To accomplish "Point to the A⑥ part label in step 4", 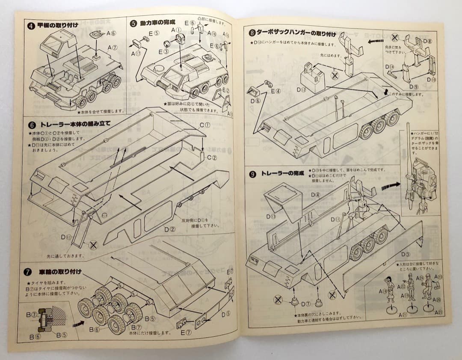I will [112, 33].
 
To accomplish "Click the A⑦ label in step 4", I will [113, 48].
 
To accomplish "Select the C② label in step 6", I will [211, 158].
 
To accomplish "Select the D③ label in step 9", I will [405, 254].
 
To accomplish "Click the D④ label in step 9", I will [316, 195].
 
